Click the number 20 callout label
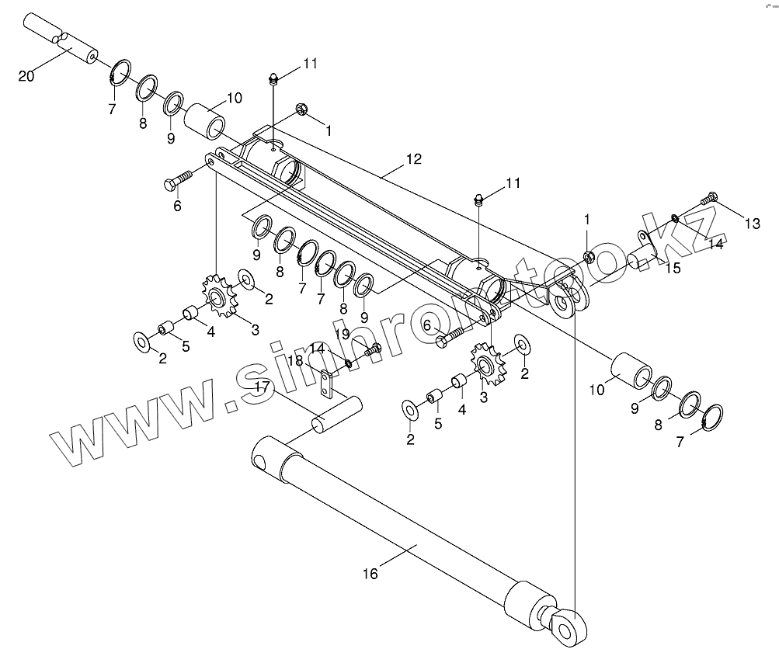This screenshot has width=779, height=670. tap(26, 75)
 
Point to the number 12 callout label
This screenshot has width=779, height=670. tap(413, 159)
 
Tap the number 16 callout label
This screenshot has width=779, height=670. tap(370, 574)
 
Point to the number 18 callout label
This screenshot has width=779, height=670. tap(297, 360)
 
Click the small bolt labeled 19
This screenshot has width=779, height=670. tap(371, 350)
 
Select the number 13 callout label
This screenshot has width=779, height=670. tap(752, 224)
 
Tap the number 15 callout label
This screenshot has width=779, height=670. tap(673, 269)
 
